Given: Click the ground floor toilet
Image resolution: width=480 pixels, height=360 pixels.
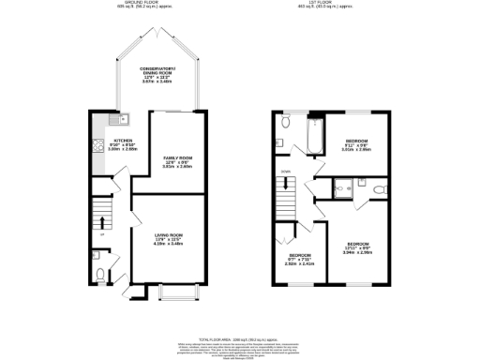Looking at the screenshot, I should click(100, 276).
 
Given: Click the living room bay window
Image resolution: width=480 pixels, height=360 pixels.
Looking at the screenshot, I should click(172, 287).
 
